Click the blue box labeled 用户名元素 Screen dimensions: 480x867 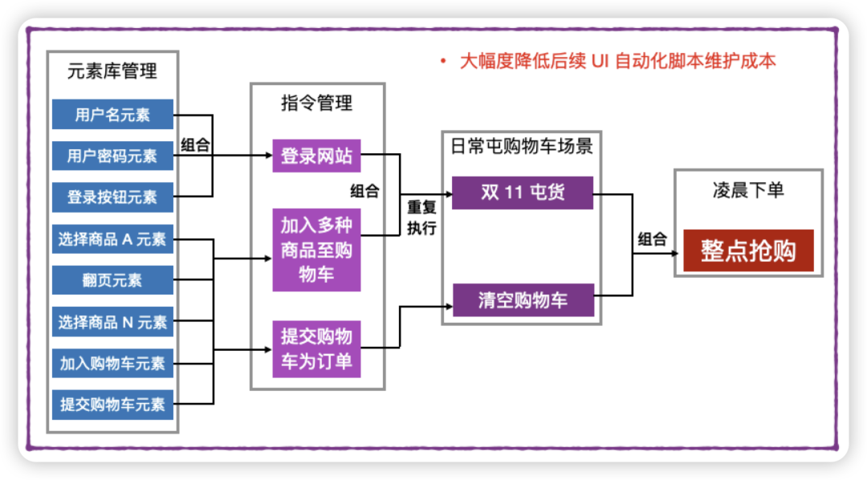pyautogui.click(x=112, y=115)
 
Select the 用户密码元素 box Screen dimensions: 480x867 pyautogui.click(x=112, y=156)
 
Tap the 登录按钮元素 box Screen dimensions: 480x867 pyautogui.click(x=112, y=197)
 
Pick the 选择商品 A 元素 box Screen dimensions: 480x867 pyautogui.click(x=112, y=239)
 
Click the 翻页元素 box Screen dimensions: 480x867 pyautogui.click(x=112, y=281)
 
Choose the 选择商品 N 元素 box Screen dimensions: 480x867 pyautogui.click(x=112, y=323)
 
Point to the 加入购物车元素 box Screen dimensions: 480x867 pyautogui.click(x=112, y=364)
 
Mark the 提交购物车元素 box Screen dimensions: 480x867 pyautogui.click(x=112, y=405)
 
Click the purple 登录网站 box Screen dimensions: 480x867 pyautogui.click(x=316, y=156)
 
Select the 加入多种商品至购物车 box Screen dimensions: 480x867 pyautogui.click(x=316, y=250)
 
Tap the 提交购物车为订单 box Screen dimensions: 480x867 pyautogui.click(x=316, y=348)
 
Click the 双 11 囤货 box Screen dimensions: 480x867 pyautogui.click(x=522, y=193)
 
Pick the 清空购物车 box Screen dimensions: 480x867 pyautogui.click(x=522, y=300)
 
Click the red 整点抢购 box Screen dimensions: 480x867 pyautogui.click(x=748, y=250)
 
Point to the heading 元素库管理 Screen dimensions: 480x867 pyautogui.click(x=112, y=71)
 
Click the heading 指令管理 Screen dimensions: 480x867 pyautogui.click(x=316, y=103)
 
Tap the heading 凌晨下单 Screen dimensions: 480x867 pyautogui.click(x=748, y=190)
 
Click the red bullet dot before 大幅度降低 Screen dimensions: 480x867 pyautogui.click(x=442, y=62)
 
